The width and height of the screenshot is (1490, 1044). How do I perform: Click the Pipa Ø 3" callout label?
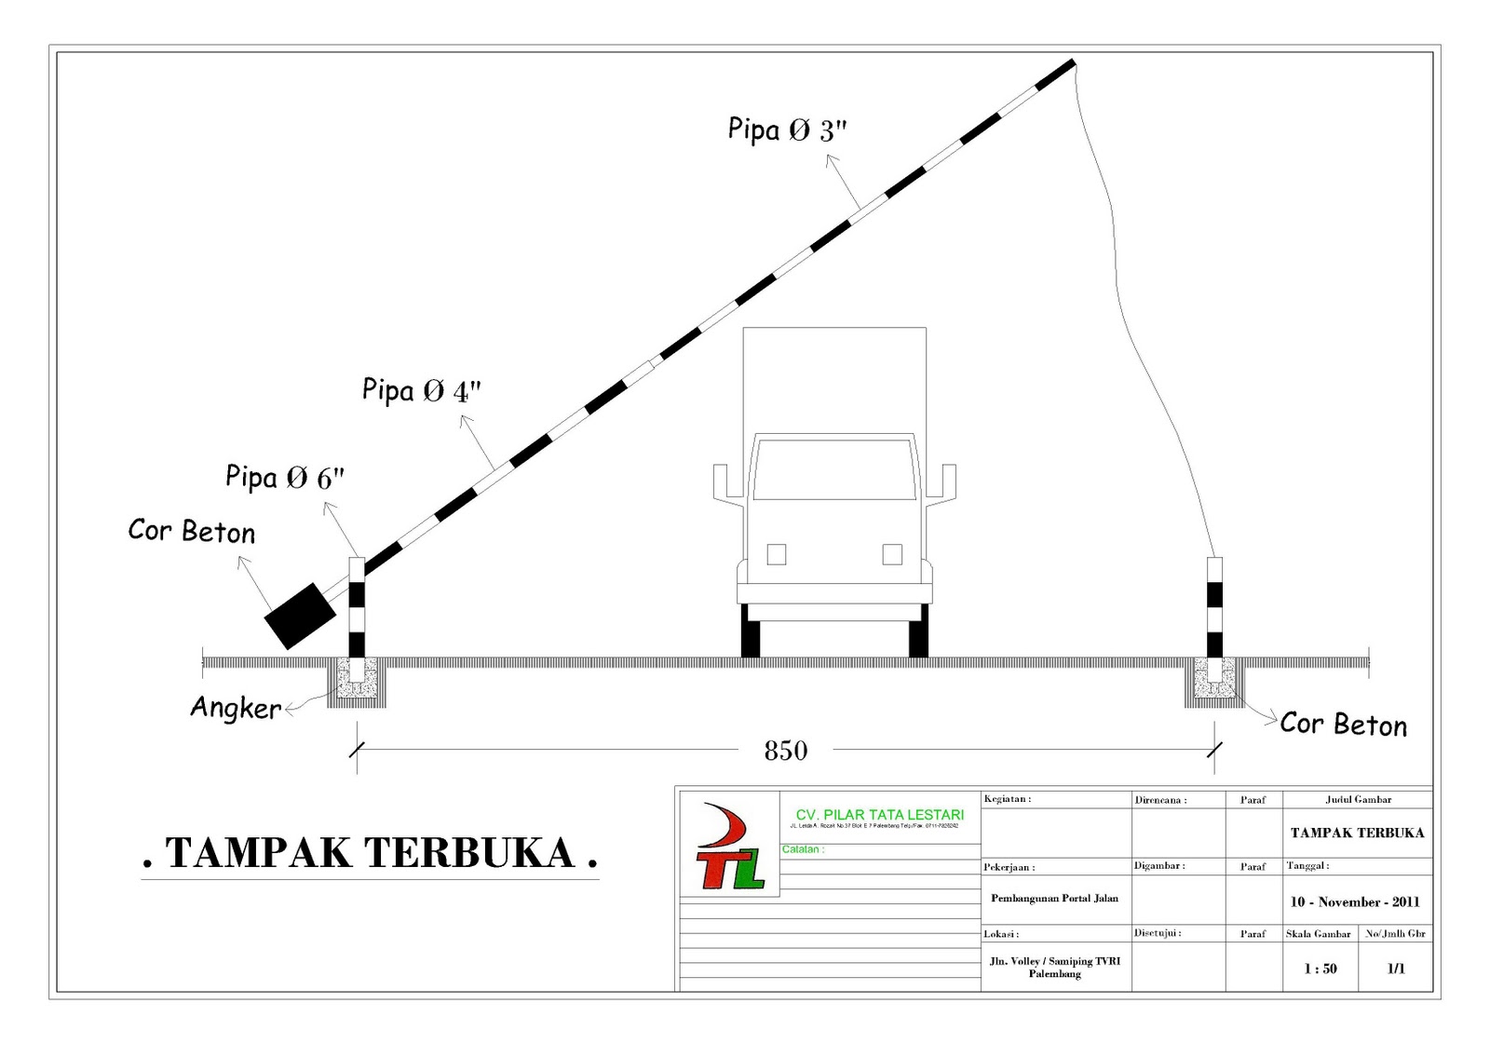coord(787,129)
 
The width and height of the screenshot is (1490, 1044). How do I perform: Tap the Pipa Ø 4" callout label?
coord(421,390)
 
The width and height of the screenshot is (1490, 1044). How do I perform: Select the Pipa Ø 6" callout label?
coord(284,478)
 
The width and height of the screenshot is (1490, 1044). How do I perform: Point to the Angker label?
coord(236,708)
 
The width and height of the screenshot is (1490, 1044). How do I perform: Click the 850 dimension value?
coord(785,751)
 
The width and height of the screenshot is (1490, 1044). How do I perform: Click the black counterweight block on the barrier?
coord(300,616)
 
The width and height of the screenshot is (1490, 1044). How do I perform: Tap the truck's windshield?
coord(834,468)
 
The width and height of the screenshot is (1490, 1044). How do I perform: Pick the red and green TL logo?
coord(730,847)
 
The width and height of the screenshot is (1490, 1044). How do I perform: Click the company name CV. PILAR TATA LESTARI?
coord(879,815)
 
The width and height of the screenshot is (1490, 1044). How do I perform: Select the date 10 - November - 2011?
coord(1354,902)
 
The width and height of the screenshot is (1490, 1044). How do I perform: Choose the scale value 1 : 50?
coord(1320,969)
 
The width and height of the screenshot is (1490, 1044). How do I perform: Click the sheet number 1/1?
coord(1395,969)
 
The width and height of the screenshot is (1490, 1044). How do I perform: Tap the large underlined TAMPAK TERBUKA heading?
coord(370,853)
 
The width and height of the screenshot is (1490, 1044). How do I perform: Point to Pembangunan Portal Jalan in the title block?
coord(1054,899)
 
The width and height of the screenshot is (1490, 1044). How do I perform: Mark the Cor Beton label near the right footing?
coord(1343,725)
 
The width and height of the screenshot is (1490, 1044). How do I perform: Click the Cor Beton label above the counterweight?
coord(191,532)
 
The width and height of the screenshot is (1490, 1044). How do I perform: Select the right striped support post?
coord(1214,607)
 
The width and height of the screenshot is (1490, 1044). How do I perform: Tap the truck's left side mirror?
coord(722,481)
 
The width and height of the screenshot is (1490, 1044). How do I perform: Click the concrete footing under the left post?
coord(357,680)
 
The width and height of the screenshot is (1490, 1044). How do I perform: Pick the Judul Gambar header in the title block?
coord(1358,799)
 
